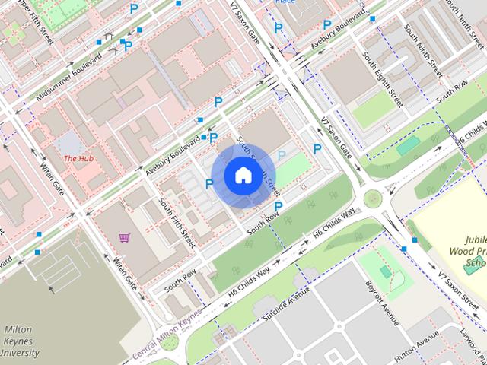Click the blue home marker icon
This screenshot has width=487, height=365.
(242, 175)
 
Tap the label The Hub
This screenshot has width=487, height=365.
(78, 158)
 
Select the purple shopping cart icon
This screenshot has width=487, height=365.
(124, 237)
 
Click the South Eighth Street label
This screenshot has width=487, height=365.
(382, 78)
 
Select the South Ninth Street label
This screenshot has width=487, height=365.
(423, 50)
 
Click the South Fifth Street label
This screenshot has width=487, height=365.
(177, 223)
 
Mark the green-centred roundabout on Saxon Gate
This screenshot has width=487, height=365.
(372, 199)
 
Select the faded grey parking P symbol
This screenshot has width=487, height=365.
(282, 156)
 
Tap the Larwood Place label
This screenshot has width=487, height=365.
(472, 338)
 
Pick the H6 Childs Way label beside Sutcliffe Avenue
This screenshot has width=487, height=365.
(250, 281)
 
